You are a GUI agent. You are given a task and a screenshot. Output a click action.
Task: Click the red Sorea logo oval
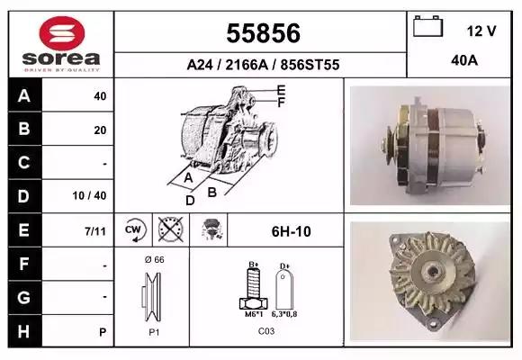coord(62,33)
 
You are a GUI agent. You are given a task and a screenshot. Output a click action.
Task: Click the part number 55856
coord(264,33)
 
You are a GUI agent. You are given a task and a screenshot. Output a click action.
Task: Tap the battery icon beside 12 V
coord(428,26)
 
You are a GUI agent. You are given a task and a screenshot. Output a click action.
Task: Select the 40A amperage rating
coord(464,60)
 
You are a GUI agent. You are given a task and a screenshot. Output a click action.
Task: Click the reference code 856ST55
coord(310,65)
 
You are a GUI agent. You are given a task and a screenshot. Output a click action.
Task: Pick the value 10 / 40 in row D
coord(90,195)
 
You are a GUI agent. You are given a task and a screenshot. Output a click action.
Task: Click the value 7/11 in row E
coord(95,231)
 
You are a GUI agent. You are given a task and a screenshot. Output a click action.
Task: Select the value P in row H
coord(103,332)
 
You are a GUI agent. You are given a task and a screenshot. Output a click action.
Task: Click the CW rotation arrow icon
coord(134,229)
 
